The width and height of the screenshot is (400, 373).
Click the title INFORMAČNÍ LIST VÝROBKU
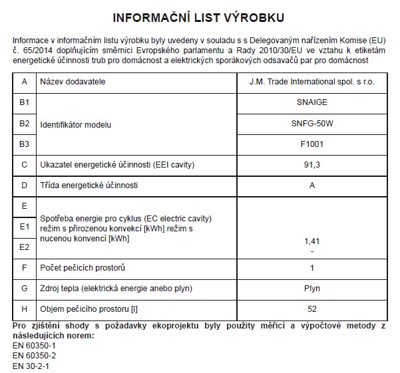[200, 17]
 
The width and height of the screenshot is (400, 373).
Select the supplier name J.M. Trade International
[311, 82]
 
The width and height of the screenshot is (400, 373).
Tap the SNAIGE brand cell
[311, 103]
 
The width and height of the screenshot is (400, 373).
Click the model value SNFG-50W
[311, 124]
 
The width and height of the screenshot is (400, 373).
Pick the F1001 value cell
[311, 144]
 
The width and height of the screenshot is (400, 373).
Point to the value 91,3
[311, 164]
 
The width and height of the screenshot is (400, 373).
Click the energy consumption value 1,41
[311, 241]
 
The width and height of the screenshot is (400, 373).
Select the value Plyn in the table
[311, 288]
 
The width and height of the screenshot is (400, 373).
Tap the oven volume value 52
[311, 309]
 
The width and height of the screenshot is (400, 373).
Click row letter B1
[25, 103]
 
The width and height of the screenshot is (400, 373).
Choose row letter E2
[25, 247]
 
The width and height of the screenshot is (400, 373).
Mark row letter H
[25, 309]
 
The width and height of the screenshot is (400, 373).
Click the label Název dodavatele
[73, 82]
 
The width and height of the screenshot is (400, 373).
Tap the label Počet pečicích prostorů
[83, 268]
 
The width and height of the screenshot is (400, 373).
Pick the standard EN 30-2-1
[31, 365]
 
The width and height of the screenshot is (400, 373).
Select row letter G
[25, 288]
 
